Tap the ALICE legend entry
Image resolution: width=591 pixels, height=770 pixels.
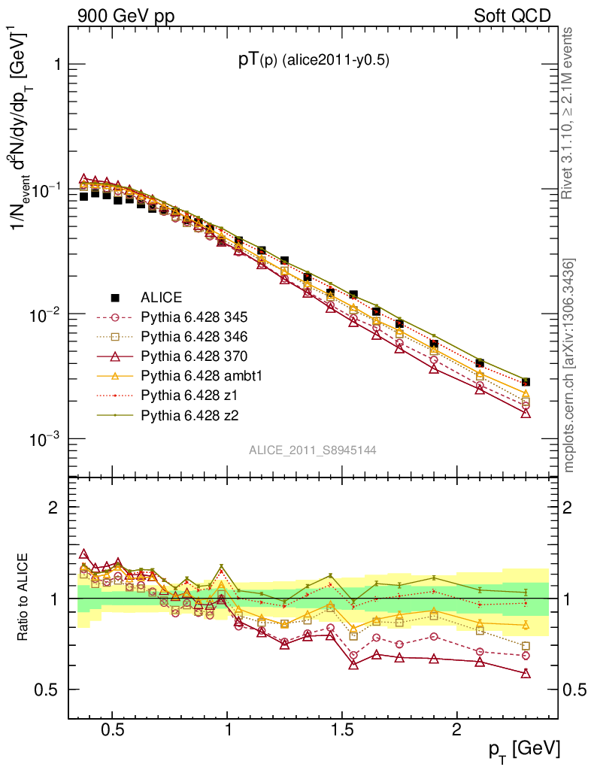coord(162,297)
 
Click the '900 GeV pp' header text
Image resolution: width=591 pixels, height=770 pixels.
coord(126,16)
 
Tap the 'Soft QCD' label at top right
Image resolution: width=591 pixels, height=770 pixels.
coord(512,16)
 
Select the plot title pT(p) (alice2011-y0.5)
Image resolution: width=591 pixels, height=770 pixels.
coord(314,62)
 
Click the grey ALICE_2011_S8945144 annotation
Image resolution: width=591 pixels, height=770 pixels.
coord(313,450)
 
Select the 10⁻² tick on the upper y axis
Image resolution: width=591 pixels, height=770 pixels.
coord(45,314)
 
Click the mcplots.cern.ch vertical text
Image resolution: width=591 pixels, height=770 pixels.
coord(569,365)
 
